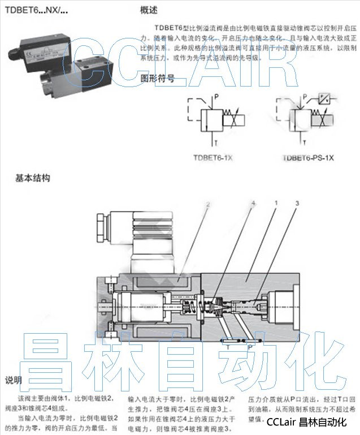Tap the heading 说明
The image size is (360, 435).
[14, 379]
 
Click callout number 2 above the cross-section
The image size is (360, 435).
[208, 203]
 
